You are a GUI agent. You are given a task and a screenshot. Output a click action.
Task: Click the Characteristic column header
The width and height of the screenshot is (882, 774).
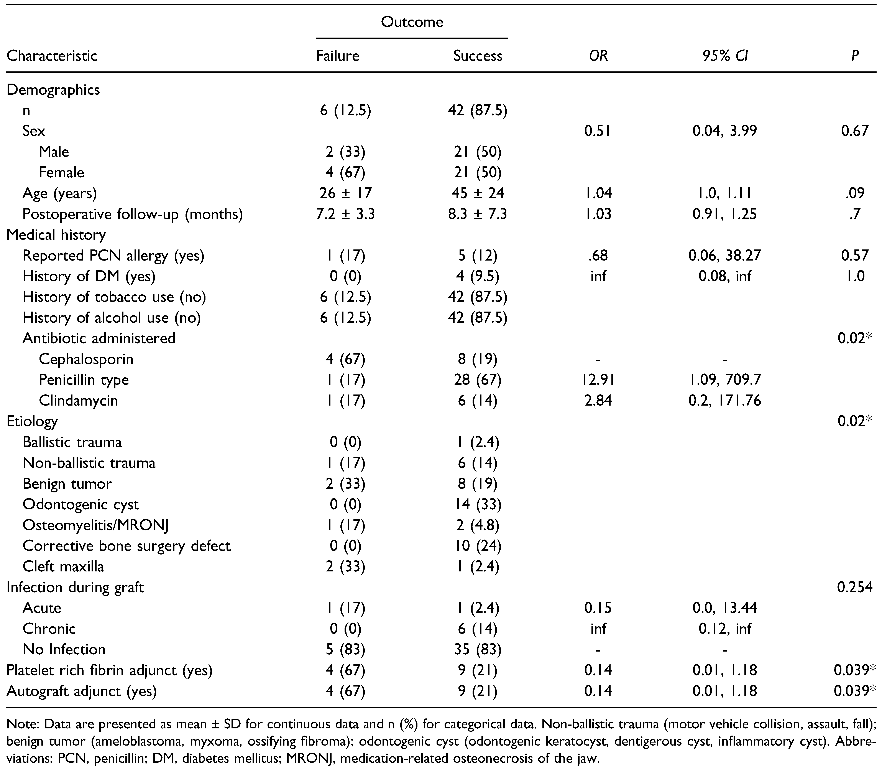(x=52, y=56)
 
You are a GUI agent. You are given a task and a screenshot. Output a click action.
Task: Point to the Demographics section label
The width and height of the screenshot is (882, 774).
(x=53, y=90)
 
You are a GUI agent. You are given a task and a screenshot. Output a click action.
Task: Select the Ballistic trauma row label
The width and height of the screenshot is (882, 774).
(x=72, y=442)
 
